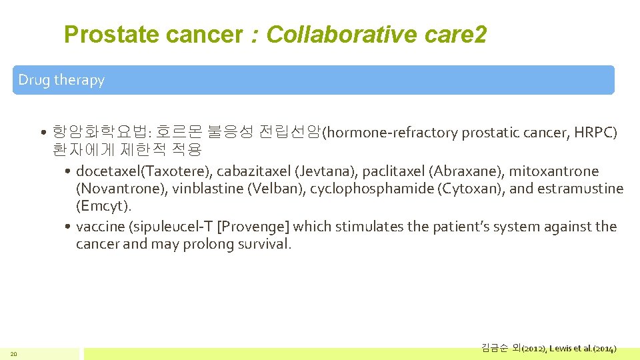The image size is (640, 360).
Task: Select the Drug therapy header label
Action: pos(61,80)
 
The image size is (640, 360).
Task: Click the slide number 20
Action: pos(13,353)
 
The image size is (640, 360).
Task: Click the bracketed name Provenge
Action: pos(254,227)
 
